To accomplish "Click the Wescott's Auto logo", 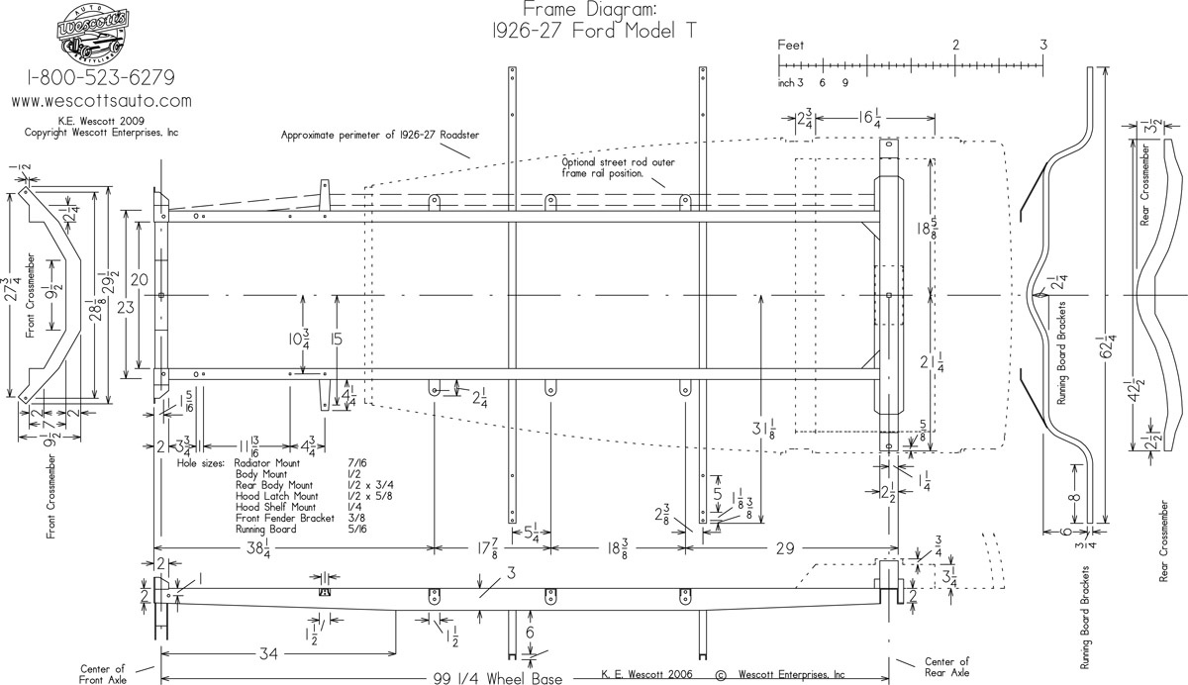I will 87,33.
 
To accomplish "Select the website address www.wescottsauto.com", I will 101,101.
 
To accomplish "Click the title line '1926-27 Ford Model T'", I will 591,31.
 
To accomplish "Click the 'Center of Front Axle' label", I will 103,673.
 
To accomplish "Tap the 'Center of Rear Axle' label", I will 945,667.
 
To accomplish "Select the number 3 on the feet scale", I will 1044,45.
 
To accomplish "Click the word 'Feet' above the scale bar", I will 791,45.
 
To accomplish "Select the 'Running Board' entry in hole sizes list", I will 266,530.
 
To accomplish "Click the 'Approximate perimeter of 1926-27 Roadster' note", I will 379,135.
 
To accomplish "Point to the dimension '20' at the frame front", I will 140,280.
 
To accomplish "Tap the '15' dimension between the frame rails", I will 337,340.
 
